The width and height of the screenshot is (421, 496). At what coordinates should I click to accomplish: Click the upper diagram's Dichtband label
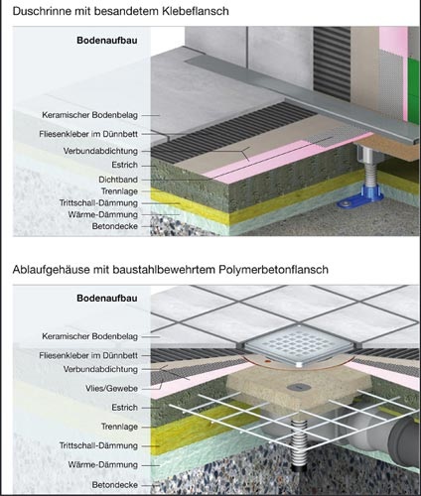(118, 180)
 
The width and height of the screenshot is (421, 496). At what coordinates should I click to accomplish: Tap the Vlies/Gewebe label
(111, 389)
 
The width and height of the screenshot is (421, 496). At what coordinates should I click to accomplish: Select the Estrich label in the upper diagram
(124, 165)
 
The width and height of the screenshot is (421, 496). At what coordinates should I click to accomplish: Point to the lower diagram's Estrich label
(124, 408)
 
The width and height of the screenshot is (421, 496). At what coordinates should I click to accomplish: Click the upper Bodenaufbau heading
(107, 41)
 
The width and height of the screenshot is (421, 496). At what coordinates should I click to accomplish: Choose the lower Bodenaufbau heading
(107, 298)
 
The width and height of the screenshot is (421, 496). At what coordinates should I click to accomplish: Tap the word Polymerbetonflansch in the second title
(273, 270)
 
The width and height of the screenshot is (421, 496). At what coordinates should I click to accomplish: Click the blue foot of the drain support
(359, 199)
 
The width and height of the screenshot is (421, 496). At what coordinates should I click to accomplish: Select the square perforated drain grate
(300, 345)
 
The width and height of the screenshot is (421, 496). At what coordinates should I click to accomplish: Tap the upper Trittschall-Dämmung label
(98, 202)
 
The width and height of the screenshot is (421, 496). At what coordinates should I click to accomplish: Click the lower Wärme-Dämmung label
(102, 464)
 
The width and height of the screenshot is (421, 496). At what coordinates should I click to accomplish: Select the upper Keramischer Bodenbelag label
(89, 115)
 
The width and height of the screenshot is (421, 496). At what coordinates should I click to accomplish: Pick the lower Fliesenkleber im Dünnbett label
(88, 355)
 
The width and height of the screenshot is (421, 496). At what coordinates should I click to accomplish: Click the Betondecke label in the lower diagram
(115, 485)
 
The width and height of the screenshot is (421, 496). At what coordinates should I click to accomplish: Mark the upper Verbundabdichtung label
(100, 151)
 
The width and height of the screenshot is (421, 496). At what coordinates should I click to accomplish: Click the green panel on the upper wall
(414, 90)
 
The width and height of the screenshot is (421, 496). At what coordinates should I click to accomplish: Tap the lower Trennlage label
(119, 427)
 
